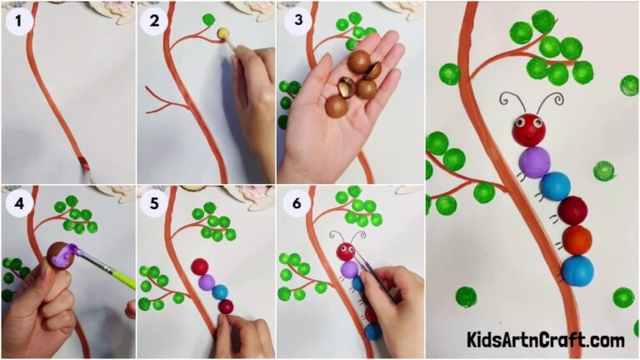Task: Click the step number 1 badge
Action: point(19,22)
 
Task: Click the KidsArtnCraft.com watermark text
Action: point(545,340)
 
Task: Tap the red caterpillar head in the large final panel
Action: point(529,130)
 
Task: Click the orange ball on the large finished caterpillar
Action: point(576,240)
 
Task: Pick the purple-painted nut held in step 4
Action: point(61,253)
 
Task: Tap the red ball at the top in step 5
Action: point(200,267)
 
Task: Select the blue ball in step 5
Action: point(220,292)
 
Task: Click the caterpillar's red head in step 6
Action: point(345,251)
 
